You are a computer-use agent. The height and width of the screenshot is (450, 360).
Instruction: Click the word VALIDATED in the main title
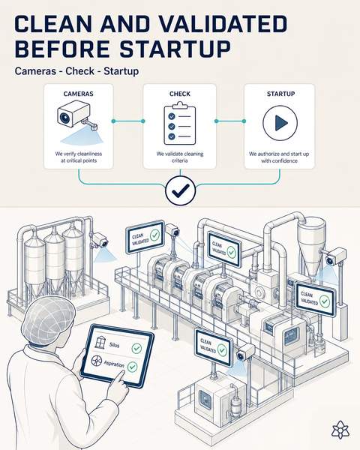[223, 23]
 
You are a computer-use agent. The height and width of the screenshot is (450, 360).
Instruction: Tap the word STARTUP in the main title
[175, 49]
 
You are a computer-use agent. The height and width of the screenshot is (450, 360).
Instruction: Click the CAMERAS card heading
[78, 94]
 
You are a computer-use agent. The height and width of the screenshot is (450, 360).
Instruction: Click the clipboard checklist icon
[180, 124]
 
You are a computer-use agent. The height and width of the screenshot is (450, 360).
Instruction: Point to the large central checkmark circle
[181, 190]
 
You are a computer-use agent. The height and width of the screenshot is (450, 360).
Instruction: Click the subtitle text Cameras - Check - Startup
[76, 71]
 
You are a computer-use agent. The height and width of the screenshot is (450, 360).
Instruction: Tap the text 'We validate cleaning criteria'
[180, 157]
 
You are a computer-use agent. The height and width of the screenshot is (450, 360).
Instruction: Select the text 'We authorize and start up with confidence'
[279, 157]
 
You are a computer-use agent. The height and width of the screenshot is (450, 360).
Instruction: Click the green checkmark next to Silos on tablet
[136, 348]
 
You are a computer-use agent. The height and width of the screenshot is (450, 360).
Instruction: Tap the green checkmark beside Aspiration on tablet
[132, 367]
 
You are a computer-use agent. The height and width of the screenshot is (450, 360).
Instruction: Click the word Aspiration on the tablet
[114, 364]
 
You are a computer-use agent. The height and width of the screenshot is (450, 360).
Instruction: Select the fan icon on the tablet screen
[97, 361]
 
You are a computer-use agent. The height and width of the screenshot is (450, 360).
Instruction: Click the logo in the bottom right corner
[340, 430]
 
